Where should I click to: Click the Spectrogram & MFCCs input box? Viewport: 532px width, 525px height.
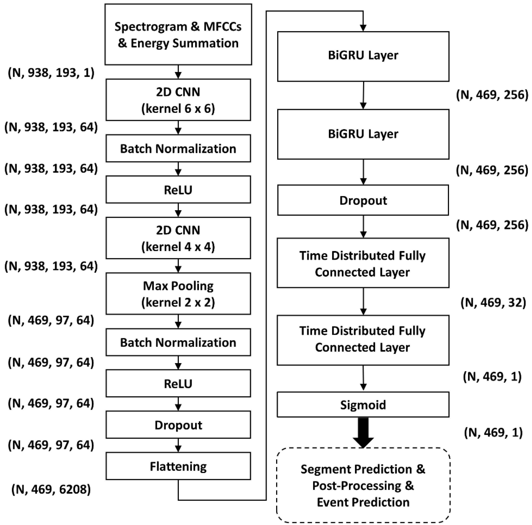(x=178, y=35)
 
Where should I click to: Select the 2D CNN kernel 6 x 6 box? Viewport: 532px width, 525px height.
(x=178, y=100)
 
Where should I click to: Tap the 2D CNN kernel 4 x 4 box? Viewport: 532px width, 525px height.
(x=178, y=238)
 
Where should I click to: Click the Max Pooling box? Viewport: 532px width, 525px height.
(x=178, y=294)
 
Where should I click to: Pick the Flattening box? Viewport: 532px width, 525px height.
(x=178, y=466)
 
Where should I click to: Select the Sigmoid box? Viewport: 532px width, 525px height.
(x=363, y=405)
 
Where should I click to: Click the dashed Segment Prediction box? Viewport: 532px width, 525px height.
(x=363, y=486)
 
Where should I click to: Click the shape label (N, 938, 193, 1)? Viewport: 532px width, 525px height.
(x=51, y=73)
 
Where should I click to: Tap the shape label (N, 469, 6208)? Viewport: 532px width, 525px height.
(x=51, y=489)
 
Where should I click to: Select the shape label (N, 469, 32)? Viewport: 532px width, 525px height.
(x=493, y=303)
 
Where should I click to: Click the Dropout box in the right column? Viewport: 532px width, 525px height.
(x=363, y=200)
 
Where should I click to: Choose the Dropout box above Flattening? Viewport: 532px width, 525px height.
(x=178, y=425)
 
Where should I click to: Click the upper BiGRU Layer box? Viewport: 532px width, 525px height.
(x=363, y=56)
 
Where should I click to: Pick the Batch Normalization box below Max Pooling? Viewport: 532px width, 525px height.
(x=178, y=342)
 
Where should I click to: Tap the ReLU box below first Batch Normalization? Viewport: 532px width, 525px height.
(x=178, y=190)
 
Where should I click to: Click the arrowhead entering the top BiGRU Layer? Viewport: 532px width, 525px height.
(x=363, y=28)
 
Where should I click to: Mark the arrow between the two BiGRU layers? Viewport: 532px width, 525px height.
(x=364, y=95)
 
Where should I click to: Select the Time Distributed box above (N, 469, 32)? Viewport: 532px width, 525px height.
(x=363, y=263)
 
